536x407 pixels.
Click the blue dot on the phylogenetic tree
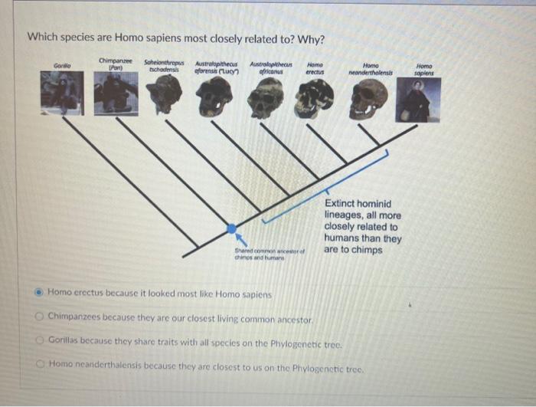tap(232, 228)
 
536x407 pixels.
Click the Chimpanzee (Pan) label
tap(116, 64)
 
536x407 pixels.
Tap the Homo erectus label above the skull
tap(314, 67)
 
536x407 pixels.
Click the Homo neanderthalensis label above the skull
tap(371, 69)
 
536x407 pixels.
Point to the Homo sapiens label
tap(424, 70)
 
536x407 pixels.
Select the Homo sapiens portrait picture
tap(418, 100)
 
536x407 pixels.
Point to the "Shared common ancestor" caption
tap(259, 254)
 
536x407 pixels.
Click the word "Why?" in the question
tap(309, 39)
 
